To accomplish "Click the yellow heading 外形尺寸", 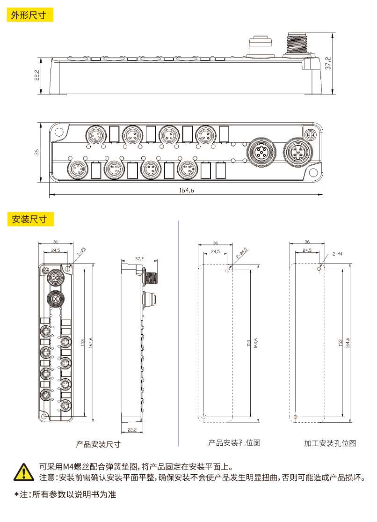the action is [x=29, y=15].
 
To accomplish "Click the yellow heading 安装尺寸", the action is [x=30, y=220].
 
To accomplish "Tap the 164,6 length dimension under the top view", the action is [x=186, y=191].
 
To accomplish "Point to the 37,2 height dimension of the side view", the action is [x=328, y=63].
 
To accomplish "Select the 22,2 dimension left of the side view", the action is [x=37, y=75].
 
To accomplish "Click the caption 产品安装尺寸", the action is [x=98, y=444].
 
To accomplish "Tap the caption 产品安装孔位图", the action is [x=234, y=443].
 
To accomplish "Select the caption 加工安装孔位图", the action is [x=330, y=443].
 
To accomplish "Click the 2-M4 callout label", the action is [x=337, y=254].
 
